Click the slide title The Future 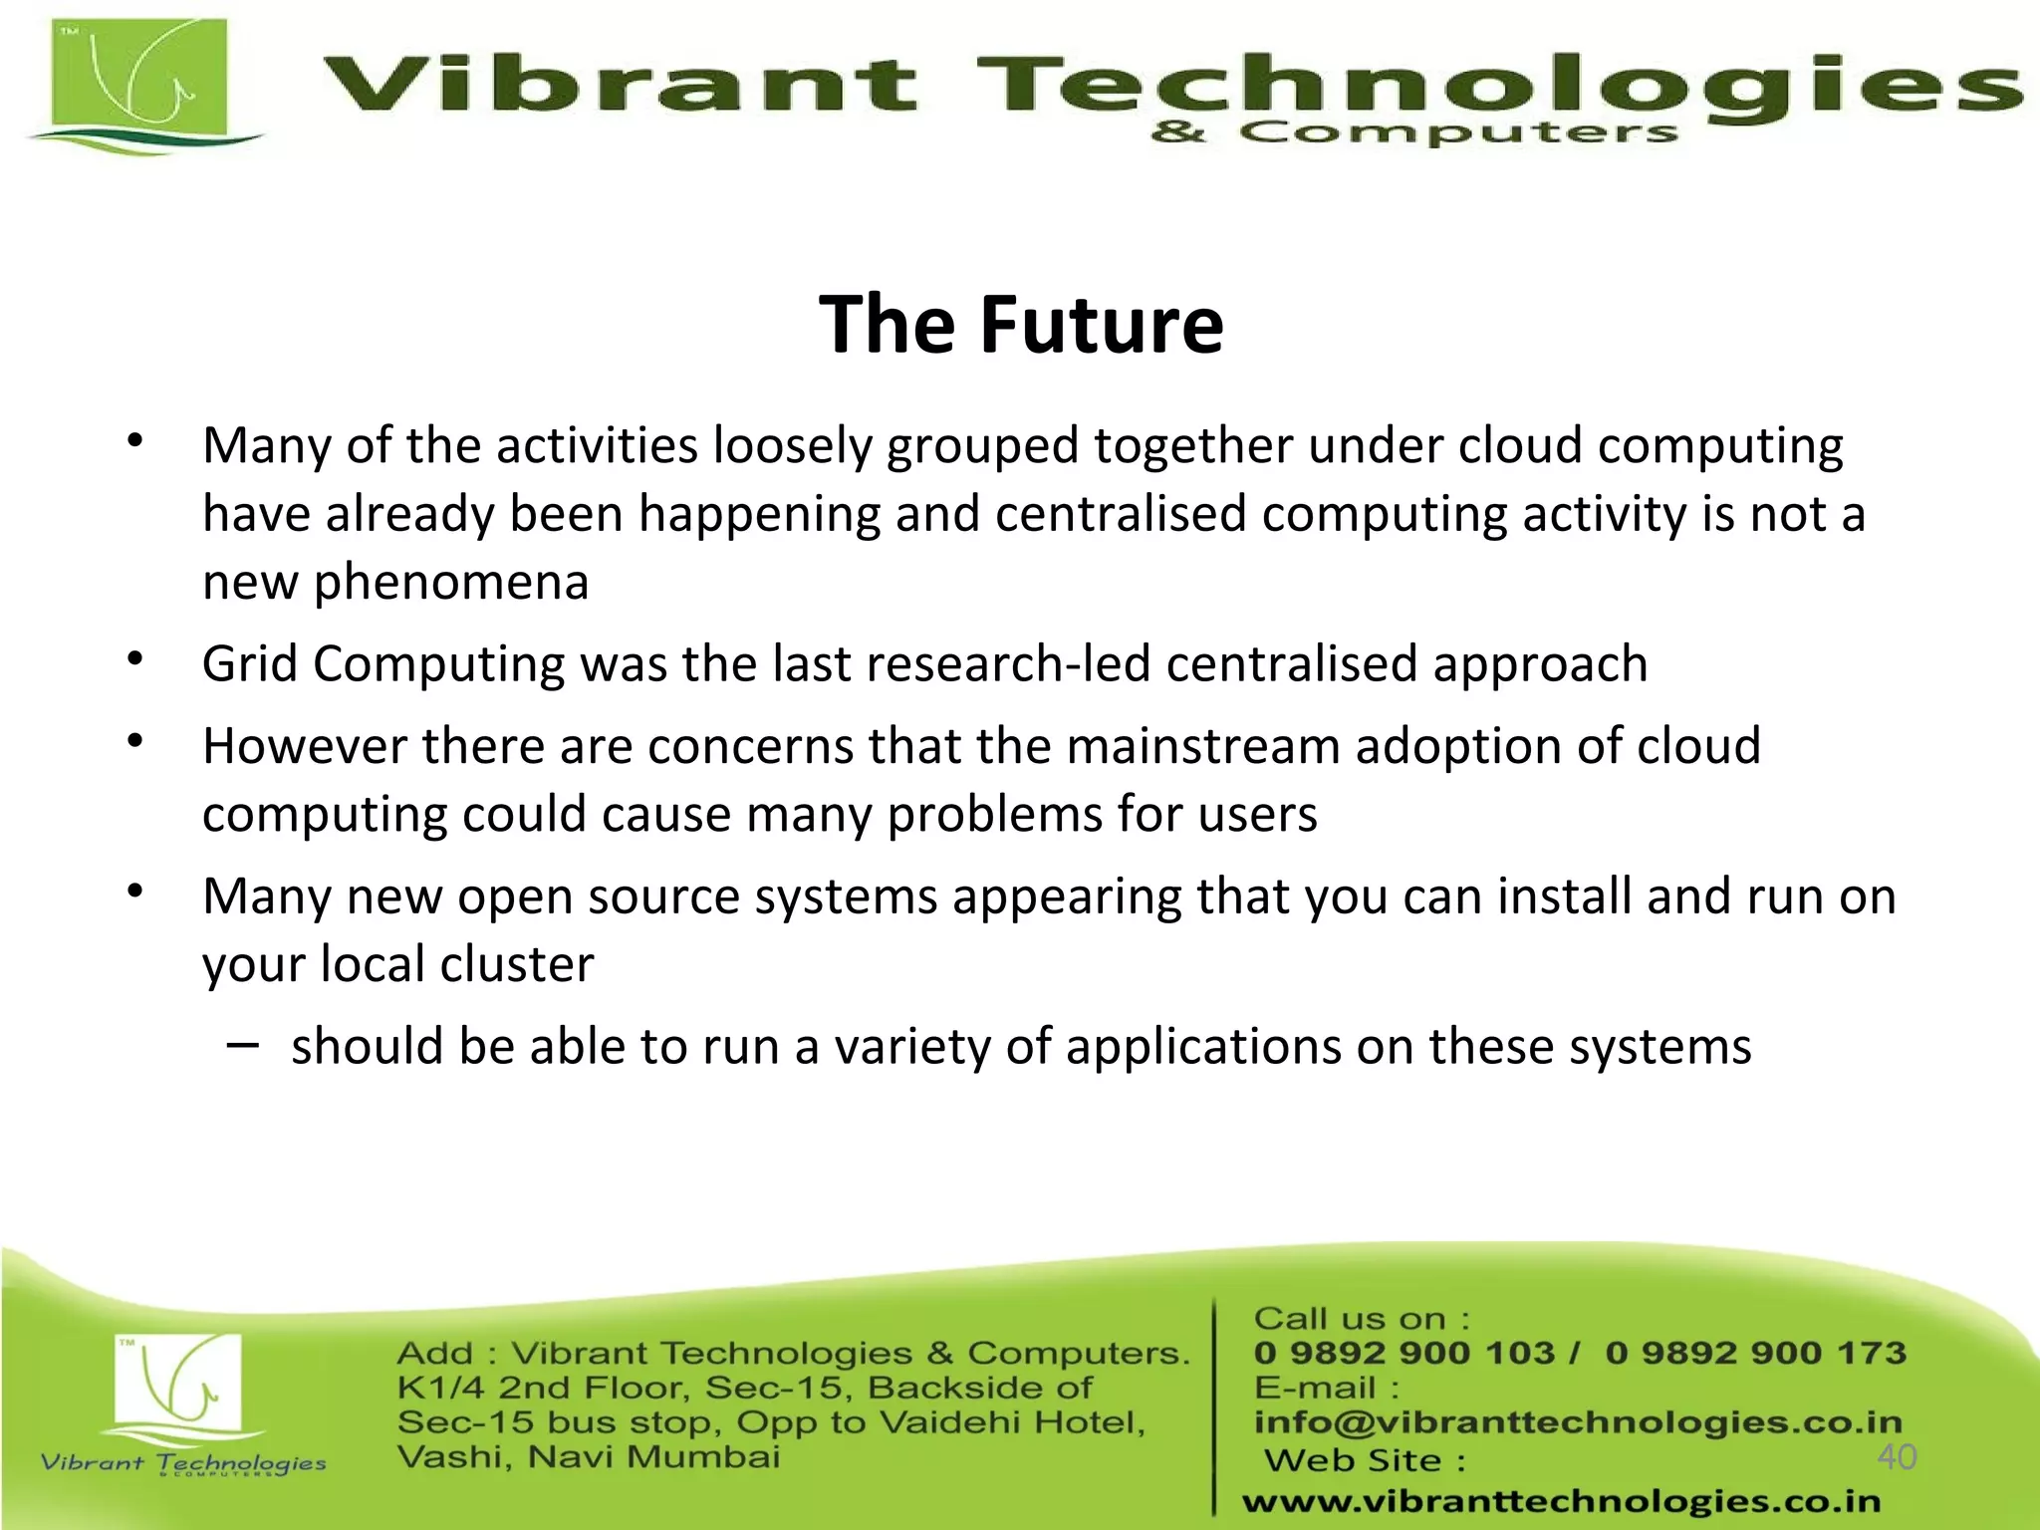1021,325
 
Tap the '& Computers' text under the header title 1414,133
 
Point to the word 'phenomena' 451,583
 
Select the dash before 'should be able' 242,1045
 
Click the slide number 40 1897,1457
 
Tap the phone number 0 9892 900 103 1403,1353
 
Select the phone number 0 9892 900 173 1755,1353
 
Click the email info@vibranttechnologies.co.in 1578,1422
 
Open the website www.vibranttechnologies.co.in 1561,1501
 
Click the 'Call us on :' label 1361,1319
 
